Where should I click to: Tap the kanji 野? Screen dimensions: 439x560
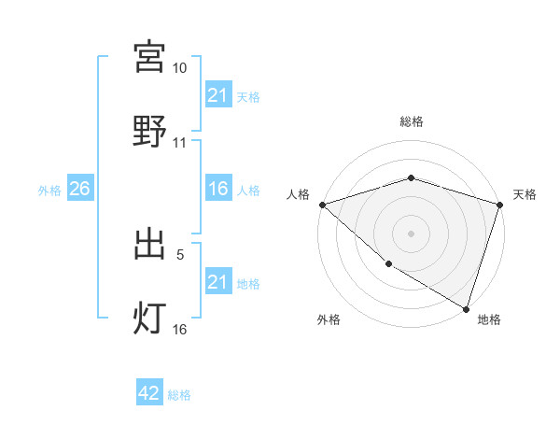(x=149, y=131)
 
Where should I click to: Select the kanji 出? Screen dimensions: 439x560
(x=149, y=244)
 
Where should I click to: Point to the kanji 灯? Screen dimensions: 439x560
(x=149, y=318)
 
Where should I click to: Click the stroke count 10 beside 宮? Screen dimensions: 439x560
(x=179, y=68)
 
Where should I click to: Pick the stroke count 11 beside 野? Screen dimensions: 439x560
(x=179, y=143)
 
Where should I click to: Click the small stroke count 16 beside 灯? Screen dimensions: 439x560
(x=179, y=329)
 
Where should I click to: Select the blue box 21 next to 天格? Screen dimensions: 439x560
(x=217, y=95)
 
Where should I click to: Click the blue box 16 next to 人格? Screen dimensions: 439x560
(x=217, y=190)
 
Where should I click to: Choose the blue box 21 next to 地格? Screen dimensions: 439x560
(x=217, y=282)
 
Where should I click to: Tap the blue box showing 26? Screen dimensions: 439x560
(x=80, y=190)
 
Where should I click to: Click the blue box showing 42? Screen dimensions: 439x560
(x=149, y=393)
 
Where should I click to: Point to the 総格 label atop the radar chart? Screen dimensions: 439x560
(x=411, y=121)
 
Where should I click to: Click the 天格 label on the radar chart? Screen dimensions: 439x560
(x=525, y=194)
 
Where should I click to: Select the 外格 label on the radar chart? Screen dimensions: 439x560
(x=329, y=319)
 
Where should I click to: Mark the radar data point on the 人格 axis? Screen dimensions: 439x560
(x=322, y=204)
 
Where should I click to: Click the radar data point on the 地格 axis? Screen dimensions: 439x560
(x=465, y=307)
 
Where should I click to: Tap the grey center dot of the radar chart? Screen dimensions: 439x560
(x=411, y=233)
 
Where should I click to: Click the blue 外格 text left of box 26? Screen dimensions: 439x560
(x=49, y=191)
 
